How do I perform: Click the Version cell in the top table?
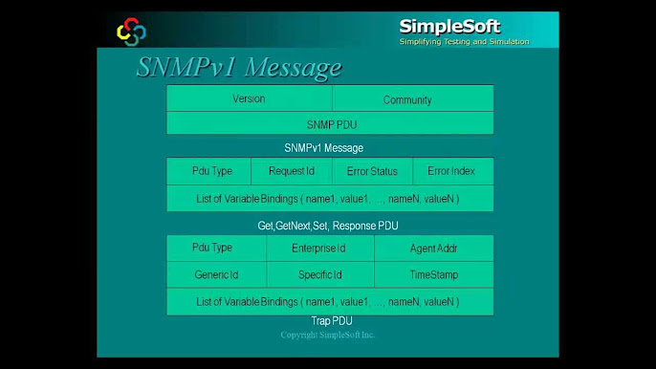pos(249,98)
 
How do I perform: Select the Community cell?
pos(407,99)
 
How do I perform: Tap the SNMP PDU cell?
pos(330,124)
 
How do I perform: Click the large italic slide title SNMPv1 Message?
pos(238,68)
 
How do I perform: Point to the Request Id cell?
pos(292,171)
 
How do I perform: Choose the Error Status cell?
pos(372,171)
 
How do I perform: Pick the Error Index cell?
pos(452,171)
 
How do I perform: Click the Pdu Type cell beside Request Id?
pos(211,171)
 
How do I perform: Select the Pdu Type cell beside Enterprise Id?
pos(211,249)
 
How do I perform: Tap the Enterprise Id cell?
pos(319,249)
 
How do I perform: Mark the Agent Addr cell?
pos(433,249)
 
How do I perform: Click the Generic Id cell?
pos(216,275)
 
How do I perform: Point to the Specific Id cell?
pos(319,275)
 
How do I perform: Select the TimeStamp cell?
pos(433,275)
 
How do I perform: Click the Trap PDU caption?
pos(332,321)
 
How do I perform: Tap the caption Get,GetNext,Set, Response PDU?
pos(328,226)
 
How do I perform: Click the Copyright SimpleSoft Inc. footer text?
pos(328,336)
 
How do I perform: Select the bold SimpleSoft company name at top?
pos(449,27)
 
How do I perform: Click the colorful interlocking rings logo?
pos(131,33)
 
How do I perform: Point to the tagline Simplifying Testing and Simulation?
pos(464,42)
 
